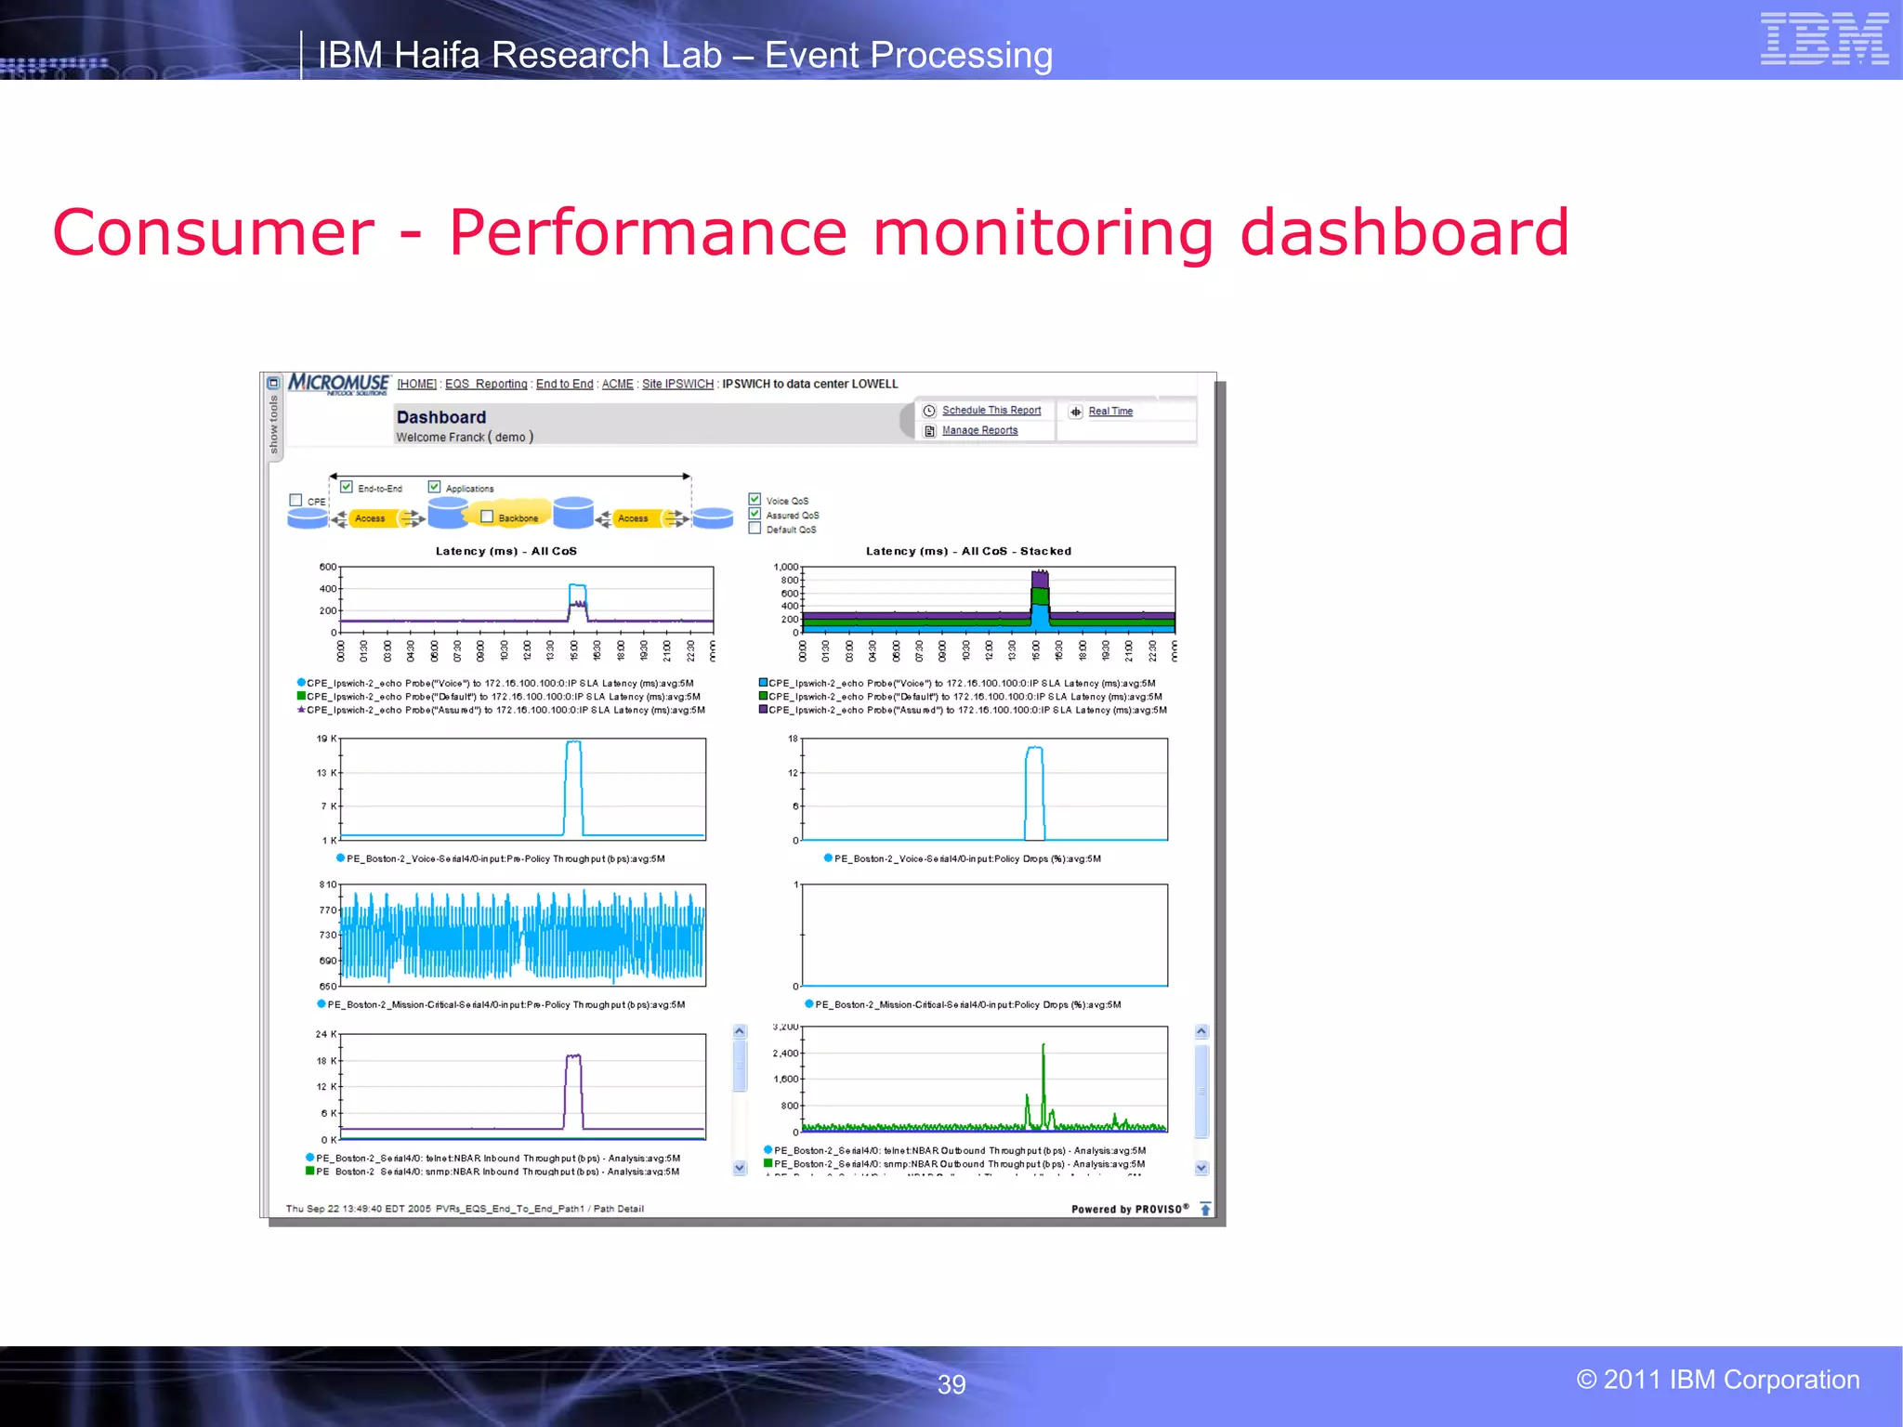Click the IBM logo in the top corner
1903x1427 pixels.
pyautogui.click(x=1824, y=39)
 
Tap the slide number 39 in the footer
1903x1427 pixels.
pyautogui.click(x=951, y=1384)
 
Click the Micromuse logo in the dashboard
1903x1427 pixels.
pyautogui.click(x=338, y=384)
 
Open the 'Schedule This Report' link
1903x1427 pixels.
pyautogui.click(x=991, y=411)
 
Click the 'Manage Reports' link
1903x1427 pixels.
pyautogui.click(x=979, y=431)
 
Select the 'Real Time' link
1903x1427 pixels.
pyautogui.click(x=1109, y=412)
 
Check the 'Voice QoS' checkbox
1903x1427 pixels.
pyautogui.click(x=755, y=500)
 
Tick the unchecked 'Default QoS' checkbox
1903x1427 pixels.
pyautogui.click(x=755, y=529)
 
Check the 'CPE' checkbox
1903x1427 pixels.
pyautogui.click(x=295, y=501)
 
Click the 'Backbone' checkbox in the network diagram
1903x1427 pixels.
pyautogui.click(x=487, y=517)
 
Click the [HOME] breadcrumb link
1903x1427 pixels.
pyautogui.click(x=416, y=385)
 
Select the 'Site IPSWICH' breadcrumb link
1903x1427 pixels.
pyautogui.click(x=677, y=385)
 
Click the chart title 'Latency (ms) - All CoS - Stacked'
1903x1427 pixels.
pyautogui.click(x=968, y=551)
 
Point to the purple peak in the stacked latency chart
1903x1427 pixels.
pyautogui.click(x=1040, y=580)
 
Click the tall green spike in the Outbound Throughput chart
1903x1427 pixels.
pyautogui.click(x=1043, y=1059)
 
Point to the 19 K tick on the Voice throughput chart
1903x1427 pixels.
pyautogui.click(x=326, y=739)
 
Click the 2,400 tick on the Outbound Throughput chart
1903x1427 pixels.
pyautogui.click(x=785, y=1054)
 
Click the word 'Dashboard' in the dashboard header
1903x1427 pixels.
pyautogui.click(x=441, y=417)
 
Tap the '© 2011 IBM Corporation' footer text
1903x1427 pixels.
pyautogui.click(x=1717, y=1380)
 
